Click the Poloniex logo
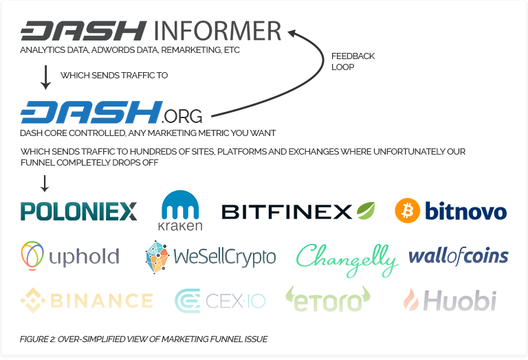[78, 211]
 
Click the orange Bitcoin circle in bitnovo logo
[407, 211]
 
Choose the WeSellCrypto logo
[210, 256]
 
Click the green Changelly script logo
[346, 258]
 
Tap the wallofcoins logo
[458, 256]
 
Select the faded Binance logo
[86, 300]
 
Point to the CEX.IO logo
[220, 300]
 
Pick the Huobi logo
[450, 300]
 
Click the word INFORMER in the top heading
[217, 31]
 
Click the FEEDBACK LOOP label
[353, 62]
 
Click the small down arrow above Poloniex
[45, 183]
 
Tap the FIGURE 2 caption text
[144, 339]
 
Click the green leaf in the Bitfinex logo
[365, 210]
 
